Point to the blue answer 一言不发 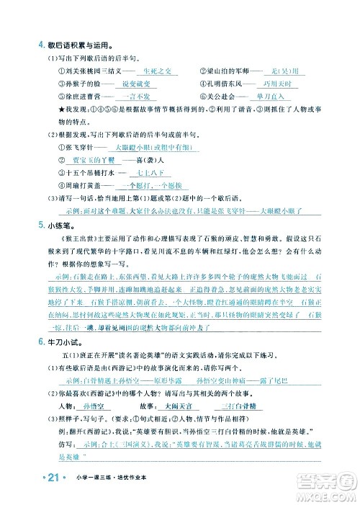click(140, 95)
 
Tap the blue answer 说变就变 click(140, 83)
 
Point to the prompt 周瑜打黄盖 click(78, 186)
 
